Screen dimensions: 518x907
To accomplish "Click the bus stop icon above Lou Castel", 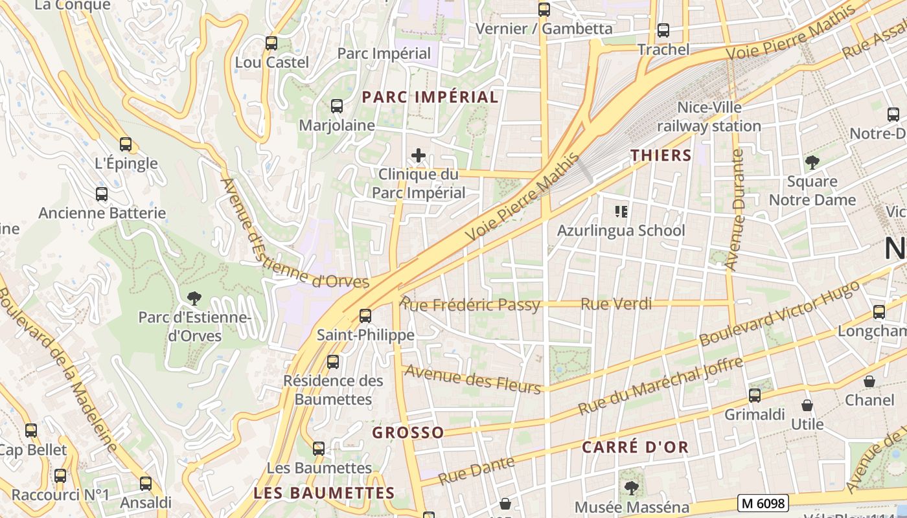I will click(x=271, y=43).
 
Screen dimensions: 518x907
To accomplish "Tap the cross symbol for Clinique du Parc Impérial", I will click(x=419, y=155).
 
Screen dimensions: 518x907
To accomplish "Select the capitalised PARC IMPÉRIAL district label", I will click(x=430, y=97).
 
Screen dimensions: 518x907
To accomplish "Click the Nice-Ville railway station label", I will click(x=709, y=117).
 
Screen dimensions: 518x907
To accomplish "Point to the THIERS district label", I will click(x=661, y=155).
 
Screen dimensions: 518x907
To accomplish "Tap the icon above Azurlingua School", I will click(x=621, y=212).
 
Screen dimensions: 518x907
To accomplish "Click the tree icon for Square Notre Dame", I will click(x=812, y=162).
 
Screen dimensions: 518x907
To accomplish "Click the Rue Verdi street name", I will click(x=616, y=304).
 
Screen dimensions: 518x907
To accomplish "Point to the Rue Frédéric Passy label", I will click(x=471, y=304).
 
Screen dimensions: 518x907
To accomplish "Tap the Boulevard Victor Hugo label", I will click(x=780, y=314).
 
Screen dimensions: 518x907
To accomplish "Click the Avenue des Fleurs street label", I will click(x=472, y=379).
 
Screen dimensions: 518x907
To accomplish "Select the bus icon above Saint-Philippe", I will click(x=365, y=316).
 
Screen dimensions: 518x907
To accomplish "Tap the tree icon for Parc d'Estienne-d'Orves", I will click(x=193, y=298).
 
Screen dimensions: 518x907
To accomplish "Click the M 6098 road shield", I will click(x=763, y=503).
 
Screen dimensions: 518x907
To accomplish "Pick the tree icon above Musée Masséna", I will click(x=631, y=488).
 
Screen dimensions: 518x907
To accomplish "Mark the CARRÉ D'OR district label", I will click(x=635, y=447).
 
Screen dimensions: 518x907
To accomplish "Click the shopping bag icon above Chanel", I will click(x=869, y=381).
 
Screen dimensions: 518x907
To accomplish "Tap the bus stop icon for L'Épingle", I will click(x=126, y=144).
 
